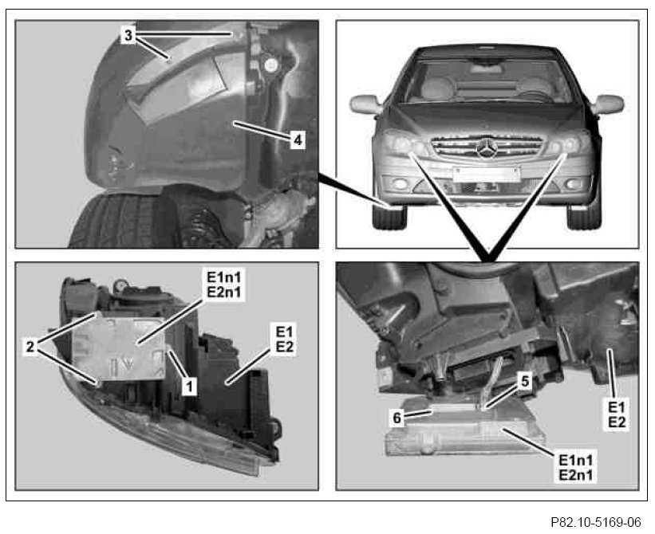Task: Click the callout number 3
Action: click(128, 35)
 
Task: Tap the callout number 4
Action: click(298, 139)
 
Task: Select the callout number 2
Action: click(30, 346)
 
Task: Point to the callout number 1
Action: click(189, 387)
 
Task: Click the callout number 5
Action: click(525, 380)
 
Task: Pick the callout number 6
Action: click(397, 418)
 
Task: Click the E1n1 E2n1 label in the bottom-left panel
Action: click(224, 284)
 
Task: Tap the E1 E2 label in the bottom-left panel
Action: click(285, 340)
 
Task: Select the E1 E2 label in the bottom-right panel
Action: click(617, 414)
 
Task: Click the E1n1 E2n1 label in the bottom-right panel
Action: click(576, 467)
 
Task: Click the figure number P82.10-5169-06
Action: click(596, 522)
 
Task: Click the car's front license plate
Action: click(487, 175)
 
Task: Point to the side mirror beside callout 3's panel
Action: click(365, 104)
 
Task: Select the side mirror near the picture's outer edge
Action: click(608, 104)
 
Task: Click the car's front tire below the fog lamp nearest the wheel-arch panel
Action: click(389, 216)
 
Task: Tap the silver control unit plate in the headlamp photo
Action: click(119, 348)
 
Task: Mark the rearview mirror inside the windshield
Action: click(487, 64)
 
